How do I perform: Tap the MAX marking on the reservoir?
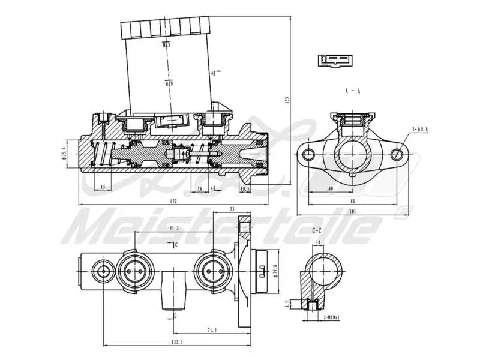click(167, 44)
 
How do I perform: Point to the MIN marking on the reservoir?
click(168, 83)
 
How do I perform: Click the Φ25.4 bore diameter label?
click(65, 155)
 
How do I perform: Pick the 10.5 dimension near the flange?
click(244, 188)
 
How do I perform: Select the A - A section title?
click(352, 91)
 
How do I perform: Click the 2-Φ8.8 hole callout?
click(420, 129)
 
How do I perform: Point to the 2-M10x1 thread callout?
click(332, 317)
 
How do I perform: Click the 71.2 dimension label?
click(172, 229)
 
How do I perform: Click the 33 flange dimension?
click(232, 209)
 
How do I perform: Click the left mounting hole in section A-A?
click(310, 155)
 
